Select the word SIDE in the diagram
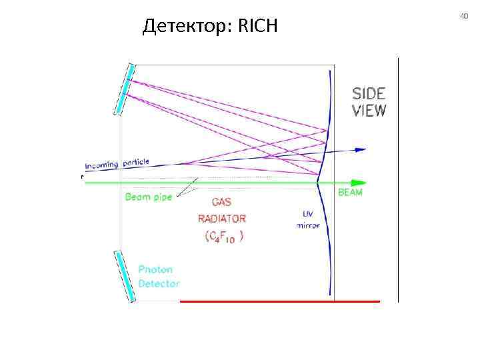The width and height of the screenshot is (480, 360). pos(369,93)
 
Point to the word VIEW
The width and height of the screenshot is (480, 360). pos(369,110)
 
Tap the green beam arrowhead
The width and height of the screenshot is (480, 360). pos(359,182)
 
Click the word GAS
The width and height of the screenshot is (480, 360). pos(222,203)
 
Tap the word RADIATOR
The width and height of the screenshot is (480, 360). pos(222,219)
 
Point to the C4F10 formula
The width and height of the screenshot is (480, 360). pos(222,236)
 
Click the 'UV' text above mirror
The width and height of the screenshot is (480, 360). pos(307,214)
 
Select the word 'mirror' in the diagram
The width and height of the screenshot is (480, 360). pos(307,226)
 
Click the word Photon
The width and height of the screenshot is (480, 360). pos(155,269)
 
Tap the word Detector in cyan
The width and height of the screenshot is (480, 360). pos(159,283)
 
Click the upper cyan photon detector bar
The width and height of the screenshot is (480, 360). pos(125,89)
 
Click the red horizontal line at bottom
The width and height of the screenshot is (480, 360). pos(280,301)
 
